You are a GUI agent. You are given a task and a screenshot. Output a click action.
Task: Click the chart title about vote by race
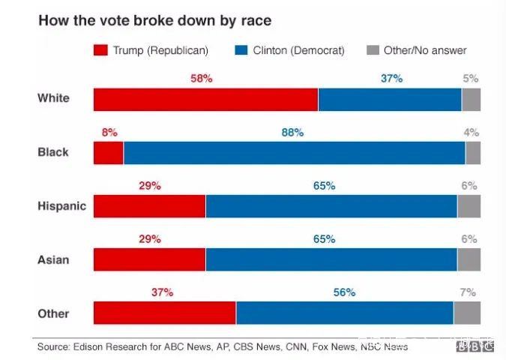(x=154, y=19)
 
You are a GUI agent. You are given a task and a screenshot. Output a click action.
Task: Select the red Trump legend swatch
(x=100, y=50)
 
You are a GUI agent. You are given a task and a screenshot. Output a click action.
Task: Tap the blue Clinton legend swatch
(x=241, y=50)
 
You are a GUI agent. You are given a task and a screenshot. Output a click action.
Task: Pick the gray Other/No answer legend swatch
(x=372, y=50)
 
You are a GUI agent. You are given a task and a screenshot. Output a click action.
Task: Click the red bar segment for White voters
(x=205, y=99)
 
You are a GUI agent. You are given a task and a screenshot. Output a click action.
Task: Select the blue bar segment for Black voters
(x=294, y=152)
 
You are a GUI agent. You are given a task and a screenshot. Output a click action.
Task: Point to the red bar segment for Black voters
(x=108, y=152)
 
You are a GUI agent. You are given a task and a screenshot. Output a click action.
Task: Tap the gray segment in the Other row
(x=467, y=313)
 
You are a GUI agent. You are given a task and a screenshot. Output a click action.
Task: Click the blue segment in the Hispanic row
(x=331, y=206)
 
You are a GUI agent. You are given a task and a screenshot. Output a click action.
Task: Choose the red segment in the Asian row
(x=149, y=259)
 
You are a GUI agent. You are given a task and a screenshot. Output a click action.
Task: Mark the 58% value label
(x=202, y=79)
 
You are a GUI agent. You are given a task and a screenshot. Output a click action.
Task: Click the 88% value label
(x=292, y=133)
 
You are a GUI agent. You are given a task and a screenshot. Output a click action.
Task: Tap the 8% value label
(x=109, y=133)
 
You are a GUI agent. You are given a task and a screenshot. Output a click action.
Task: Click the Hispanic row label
(x=61, y=206)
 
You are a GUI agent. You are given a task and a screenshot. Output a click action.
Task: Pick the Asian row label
(x=53, y=259)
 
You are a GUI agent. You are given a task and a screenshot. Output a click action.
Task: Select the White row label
(x=53, y=98)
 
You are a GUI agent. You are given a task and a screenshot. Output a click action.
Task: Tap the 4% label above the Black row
(x=472, y=133)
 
